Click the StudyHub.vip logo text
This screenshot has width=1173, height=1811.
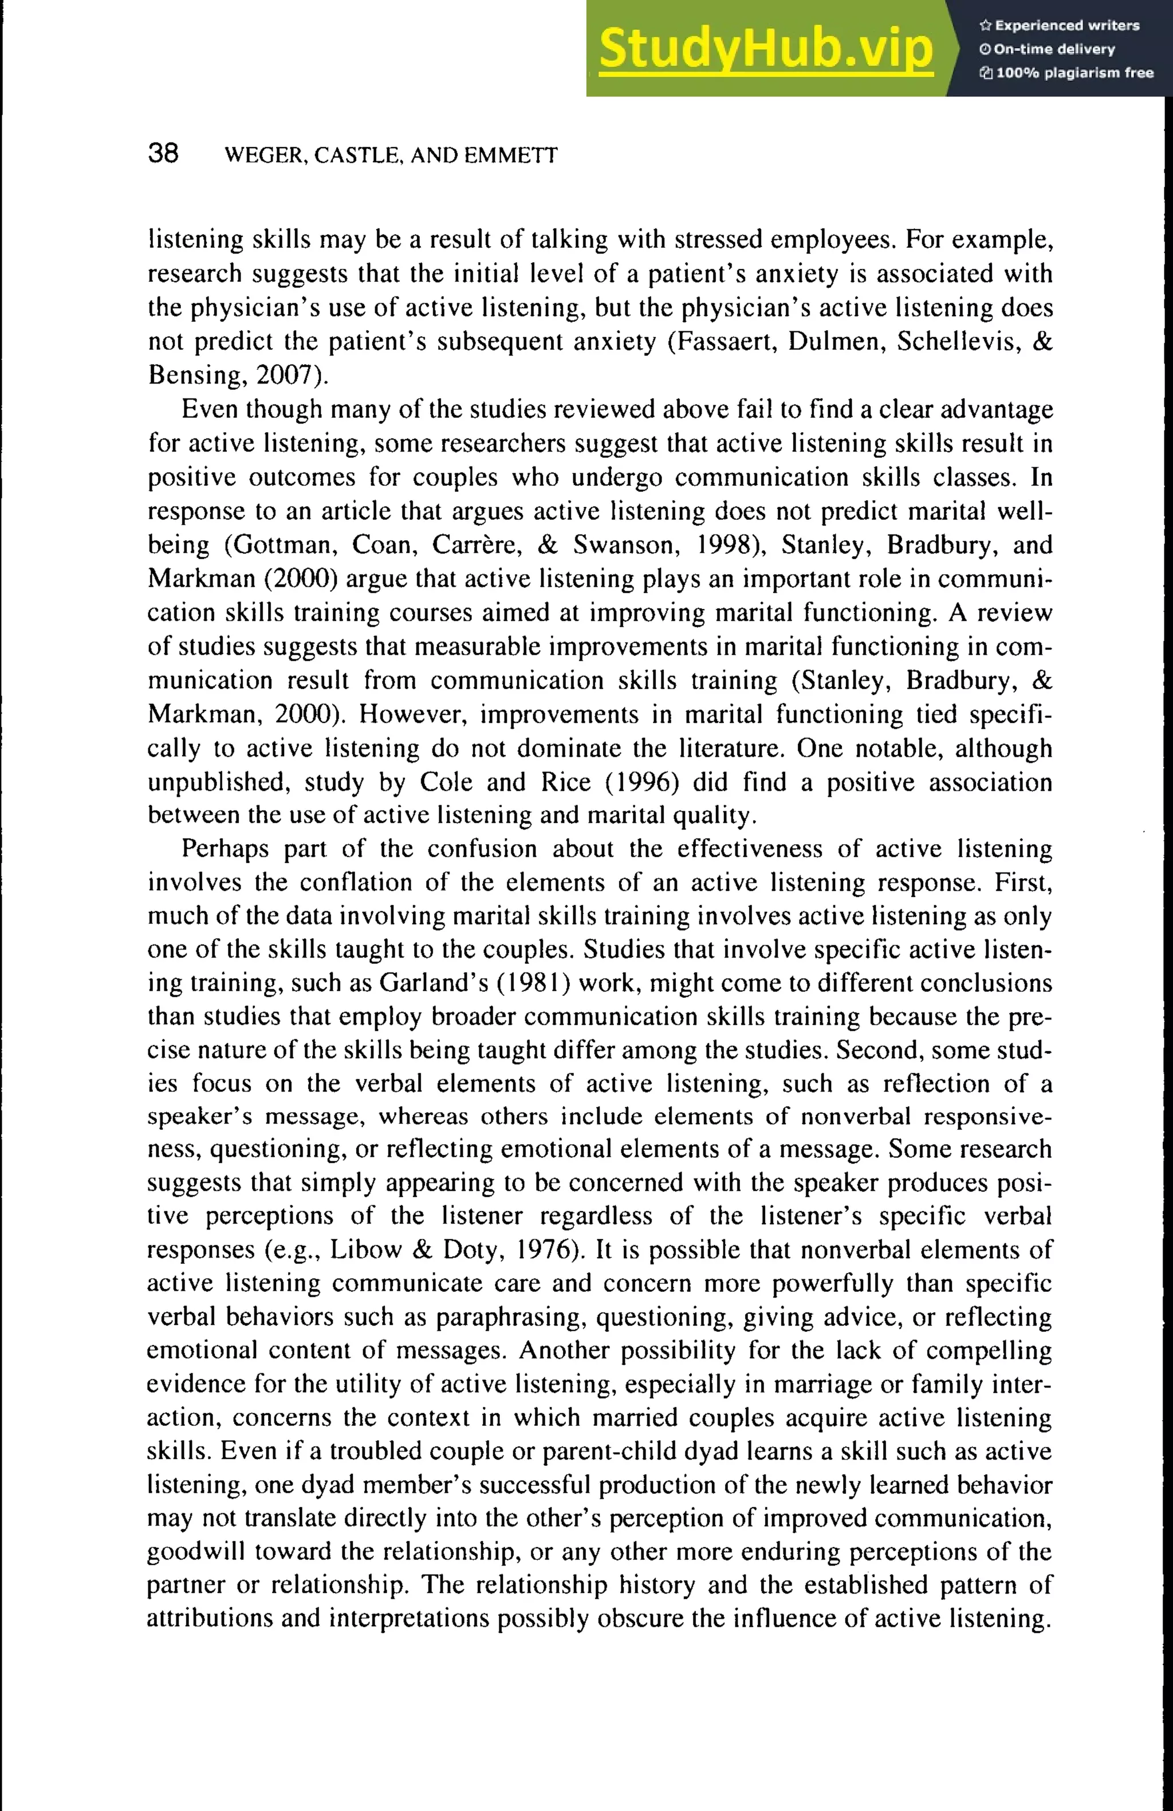pos(765,49)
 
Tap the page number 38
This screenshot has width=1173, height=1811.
pos(164,154)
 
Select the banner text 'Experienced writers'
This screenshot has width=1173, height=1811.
pos(1066,26)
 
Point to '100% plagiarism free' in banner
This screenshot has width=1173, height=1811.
pos(1074,73)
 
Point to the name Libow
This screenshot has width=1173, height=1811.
pos(365,1249)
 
